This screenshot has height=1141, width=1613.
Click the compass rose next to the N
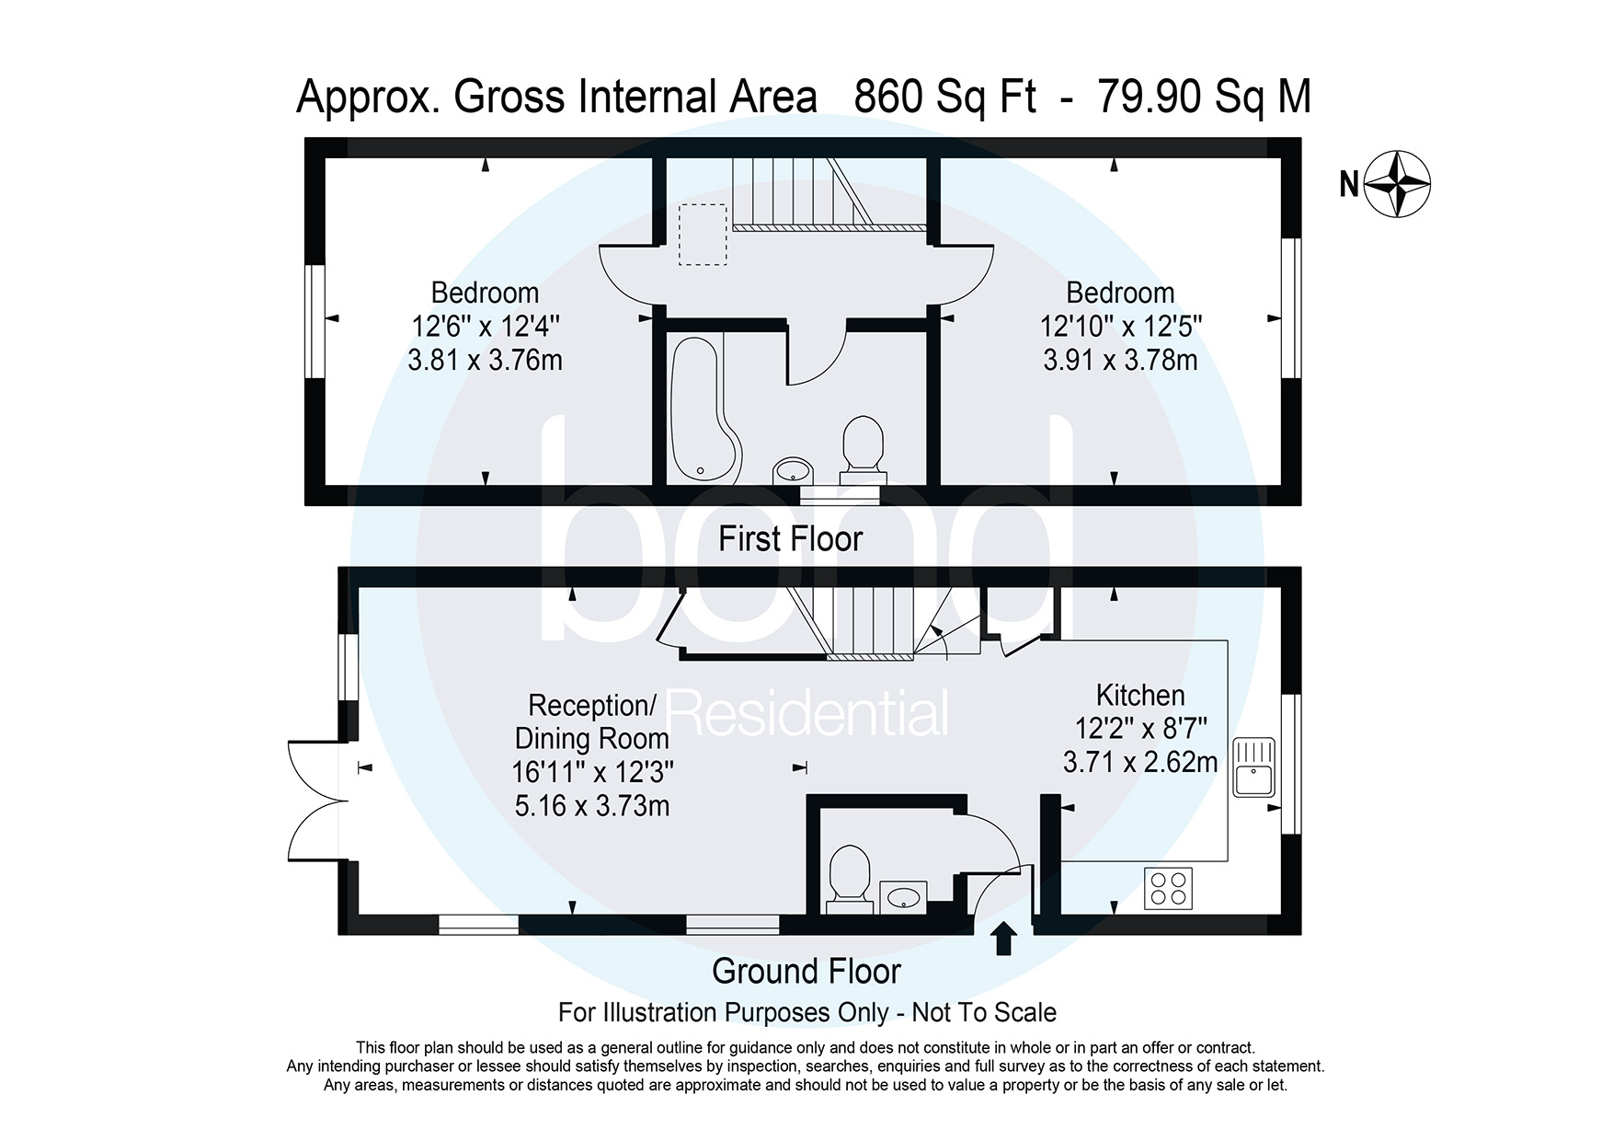1397,184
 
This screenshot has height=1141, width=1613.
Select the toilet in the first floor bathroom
863,450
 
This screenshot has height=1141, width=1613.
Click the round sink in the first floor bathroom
792,470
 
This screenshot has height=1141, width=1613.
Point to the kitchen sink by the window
1253,766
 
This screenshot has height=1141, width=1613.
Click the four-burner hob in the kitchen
1168,888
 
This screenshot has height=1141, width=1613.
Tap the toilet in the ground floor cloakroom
850,880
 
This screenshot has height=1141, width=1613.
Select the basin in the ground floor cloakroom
903,897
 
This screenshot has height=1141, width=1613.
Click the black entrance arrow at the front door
1004,939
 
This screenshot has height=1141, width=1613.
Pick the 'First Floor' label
790,539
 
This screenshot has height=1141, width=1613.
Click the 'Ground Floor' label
806,971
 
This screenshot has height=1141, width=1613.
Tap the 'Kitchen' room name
1140,696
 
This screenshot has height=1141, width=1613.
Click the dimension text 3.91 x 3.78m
1120,360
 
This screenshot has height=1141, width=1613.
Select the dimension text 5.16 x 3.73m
592,806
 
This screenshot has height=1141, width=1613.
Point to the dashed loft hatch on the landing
703,235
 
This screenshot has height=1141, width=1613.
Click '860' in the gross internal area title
888,97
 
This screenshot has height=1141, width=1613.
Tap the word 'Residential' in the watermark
806,714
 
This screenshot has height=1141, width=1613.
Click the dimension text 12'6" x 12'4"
485,327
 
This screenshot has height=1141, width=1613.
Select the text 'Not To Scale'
984,1013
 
